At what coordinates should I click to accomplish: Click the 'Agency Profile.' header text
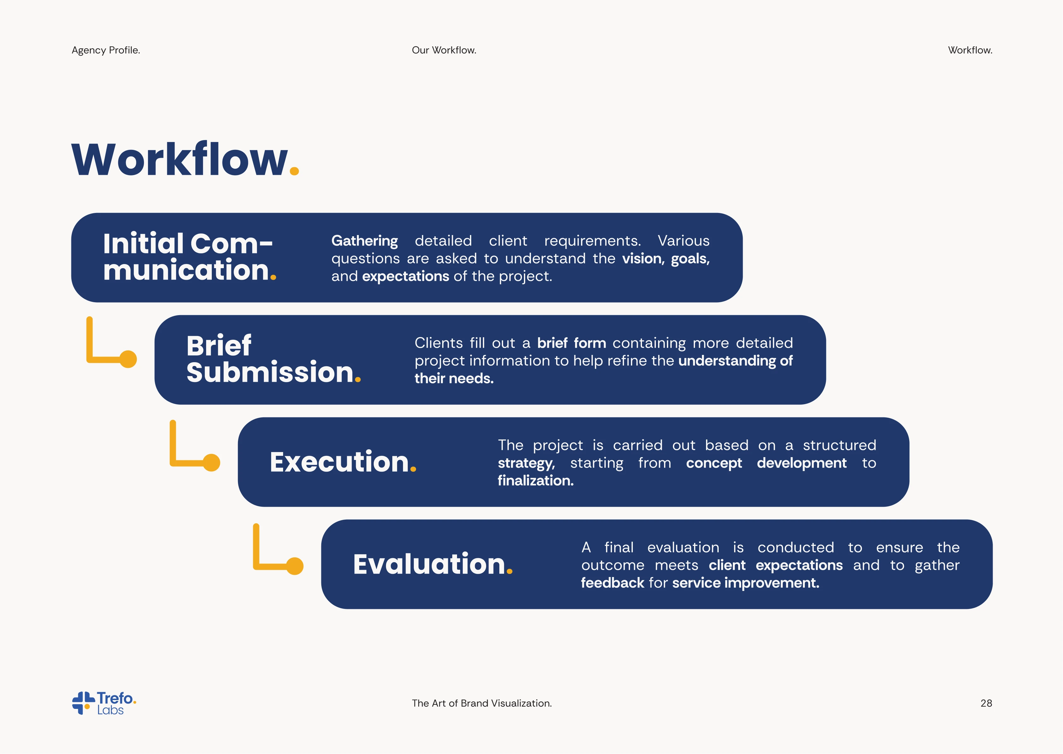106,50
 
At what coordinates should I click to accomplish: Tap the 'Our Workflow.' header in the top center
444,50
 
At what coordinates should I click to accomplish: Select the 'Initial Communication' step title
189,257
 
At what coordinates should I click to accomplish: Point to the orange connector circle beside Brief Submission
128,359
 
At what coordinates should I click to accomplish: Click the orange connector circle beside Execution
211,462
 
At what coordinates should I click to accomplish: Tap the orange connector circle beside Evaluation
294,566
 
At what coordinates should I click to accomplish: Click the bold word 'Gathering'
365,241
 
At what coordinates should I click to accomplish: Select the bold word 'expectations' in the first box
406,277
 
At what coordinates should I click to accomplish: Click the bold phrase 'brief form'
572,343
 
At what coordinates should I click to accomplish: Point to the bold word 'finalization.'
536,480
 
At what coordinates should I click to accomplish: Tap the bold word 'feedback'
613,583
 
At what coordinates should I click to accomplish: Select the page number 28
986,704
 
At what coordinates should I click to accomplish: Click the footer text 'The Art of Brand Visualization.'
482,704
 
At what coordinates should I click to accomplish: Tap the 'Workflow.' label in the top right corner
970,50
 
